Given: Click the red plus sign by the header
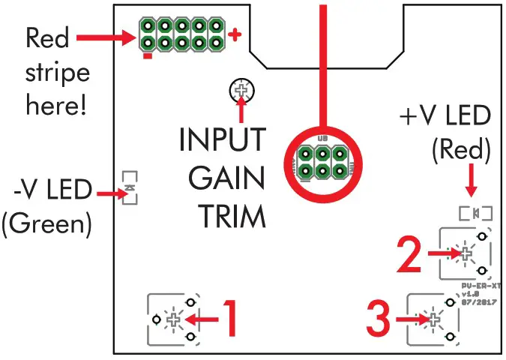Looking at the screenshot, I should tap(236, 35).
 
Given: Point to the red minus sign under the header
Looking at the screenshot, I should tap(148, 55).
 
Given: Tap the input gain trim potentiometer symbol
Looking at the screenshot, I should tap(241, 90).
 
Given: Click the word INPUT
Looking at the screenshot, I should tap(222, 140).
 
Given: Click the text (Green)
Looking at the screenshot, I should tap(46, 224).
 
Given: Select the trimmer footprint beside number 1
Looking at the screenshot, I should tap(174, 319).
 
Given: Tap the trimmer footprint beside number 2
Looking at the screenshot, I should tap(465, 253).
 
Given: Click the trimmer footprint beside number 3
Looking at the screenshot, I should tap(434, 320).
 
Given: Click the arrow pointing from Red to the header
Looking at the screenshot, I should tap(103, 35).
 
